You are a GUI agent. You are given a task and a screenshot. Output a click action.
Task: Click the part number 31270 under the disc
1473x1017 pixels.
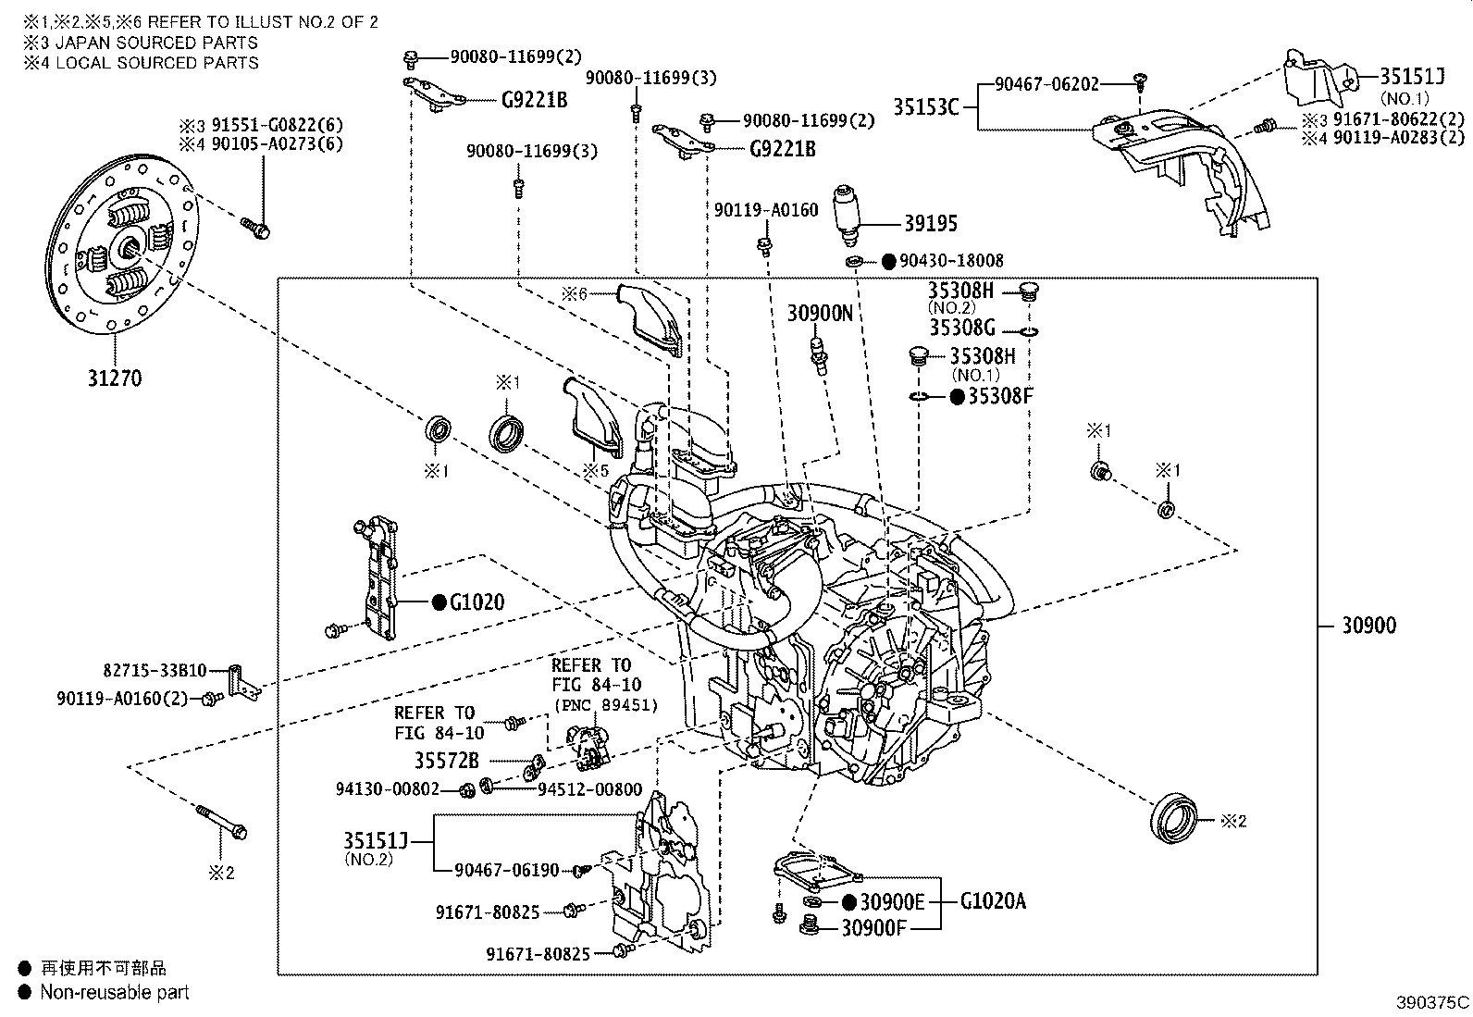coord(116,378)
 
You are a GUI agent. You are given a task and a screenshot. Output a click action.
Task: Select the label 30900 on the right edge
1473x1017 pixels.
coord(1368,626)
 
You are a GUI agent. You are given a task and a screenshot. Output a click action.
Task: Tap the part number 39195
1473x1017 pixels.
coord(932,224)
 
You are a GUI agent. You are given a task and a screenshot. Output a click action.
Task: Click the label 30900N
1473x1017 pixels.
coord(820,314)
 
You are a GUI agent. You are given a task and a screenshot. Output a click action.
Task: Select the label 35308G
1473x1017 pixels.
coord(962,329)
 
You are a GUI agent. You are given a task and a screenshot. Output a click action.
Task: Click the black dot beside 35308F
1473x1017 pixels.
coord(958,397)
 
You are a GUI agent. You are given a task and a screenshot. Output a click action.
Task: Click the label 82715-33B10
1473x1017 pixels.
coord(155,670)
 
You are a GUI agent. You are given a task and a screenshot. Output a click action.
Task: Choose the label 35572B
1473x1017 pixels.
coord(447,762)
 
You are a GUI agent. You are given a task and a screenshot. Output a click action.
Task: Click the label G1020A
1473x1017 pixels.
coord(993,900)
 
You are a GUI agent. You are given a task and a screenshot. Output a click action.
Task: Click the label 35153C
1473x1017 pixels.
coord(925,106)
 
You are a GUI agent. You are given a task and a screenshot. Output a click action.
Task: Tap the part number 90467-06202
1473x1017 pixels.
coord(1046,84)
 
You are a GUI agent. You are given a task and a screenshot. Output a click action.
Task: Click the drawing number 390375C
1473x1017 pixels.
coord(1432,1002)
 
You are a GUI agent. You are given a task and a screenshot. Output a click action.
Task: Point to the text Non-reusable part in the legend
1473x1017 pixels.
coord(115,992)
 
